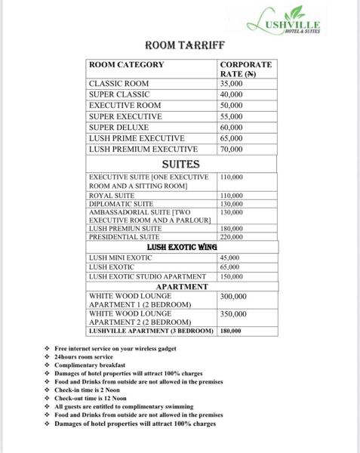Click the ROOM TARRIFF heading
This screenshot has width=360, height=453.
[x=180, y=45]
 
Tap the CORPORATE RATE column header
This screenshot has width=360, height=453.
[x=245, y=69]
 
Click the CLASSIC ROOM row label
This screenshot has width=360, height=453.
[x=119, y=84]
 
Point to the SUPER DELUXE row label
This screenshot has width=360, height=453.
[x=118, y=128]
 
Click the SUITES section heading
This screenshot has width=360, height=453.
[x=180, y=164]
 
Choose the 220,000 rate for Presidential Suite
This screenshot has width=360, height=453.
[x=231, y=237]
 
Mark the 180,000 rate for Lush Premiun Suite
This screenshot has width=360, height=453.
[x=231, y=228]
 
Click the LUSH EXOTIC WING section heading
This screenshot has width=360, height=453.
[x=182, y=247]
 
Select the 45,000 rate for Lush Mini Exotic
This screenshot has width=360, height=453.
[x=229, y=257]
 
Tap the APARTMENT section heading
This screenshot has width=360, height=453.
[x=181, y=287]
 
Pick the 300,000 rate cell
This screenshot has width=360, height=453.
[x=235, y=297]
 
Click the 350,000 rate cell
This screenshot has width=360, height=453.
[x=235, y=314]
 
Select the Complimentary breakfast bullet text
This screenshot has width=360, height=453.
[x=90, y=365]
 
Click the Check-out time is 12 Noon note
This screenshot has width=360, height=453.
[x=91, y=398]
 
